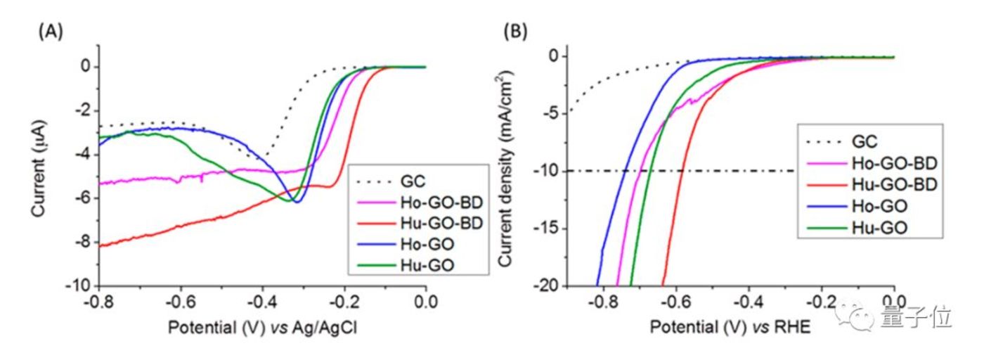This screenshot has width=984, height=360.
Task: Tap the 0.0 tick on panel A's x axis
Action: point(426,302)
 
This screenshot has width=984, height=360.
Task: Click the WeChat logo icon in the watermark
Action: point(856,319)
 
